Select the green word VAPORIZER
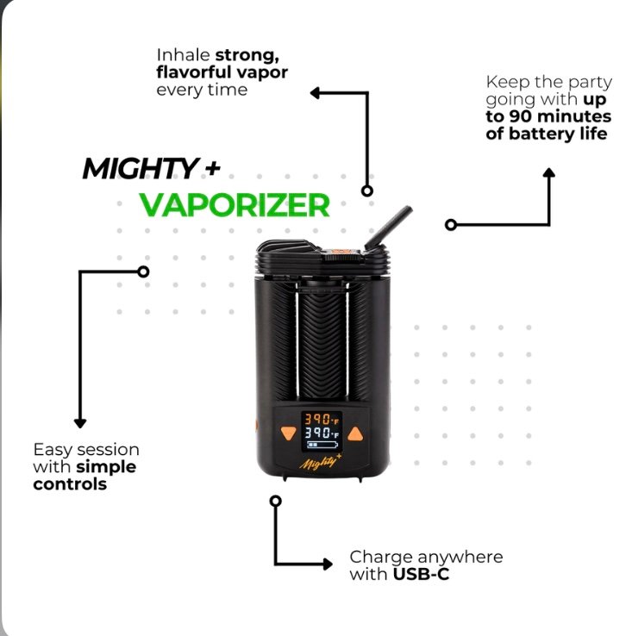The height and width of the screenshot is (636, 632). pos(235,205)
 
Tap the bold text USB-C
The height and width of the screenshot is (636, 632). pos(420,574)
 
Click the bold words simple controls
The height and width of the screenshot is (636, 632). pos(84,476)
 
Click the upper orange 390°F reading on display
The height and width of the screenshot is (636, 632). pos(322,418)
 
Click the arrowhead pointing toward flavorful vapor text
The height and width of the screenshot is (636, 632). pos(316,91)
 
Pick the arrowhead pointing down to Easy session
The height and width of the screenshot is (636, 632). pos(80,422)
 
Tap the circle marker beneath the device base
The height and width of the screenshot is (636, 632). pos(275,500)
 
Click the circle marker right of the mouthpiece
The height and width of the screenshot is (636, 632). pos(450,225)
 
